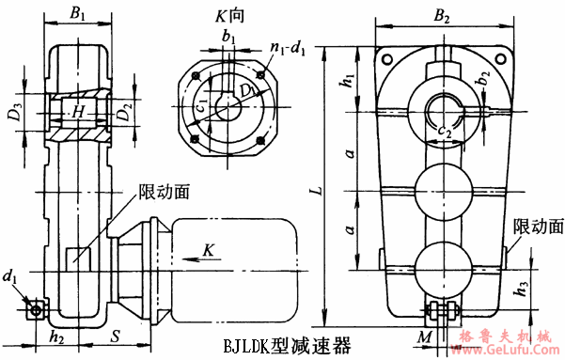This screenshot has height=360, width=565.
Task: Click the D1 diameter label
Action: (x=247, y=91)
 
